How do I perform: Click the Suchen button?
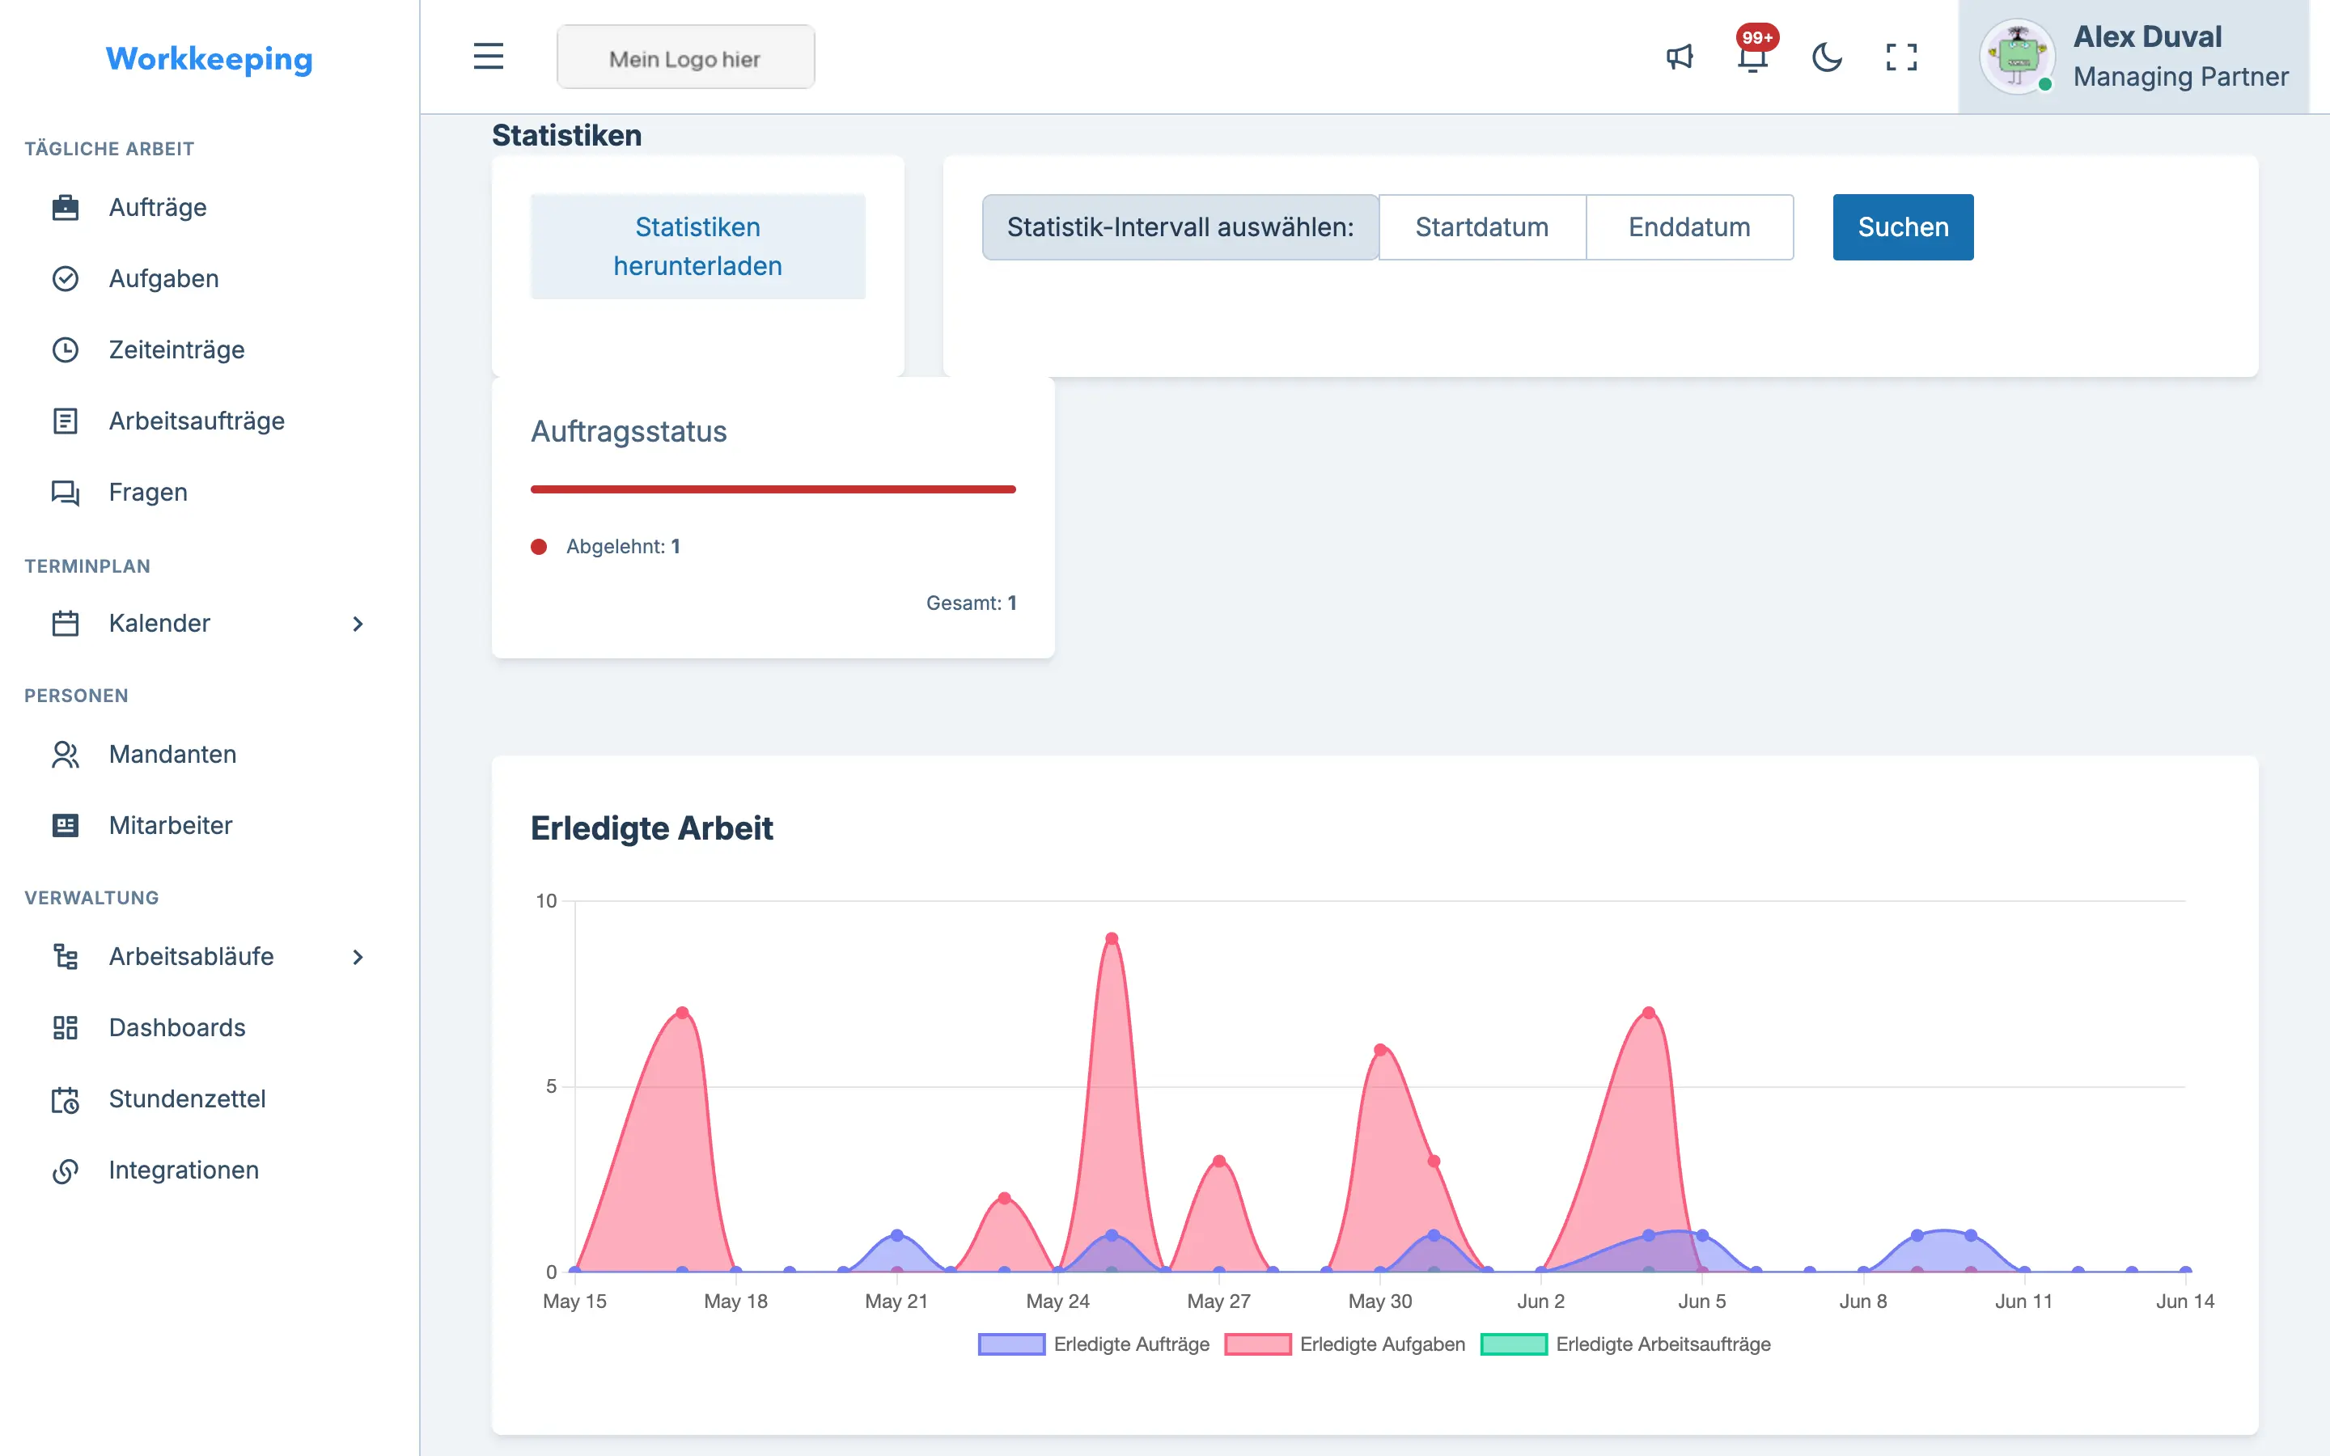[x=1903, y=227]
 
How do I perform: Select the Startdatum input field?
[x=1482, y=227]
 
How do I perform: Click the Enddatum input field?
[x=1690, y=227]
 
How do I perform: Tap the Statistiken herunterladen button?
[x=698, y=247]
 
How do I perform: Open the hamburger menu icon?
[x=488, y=57]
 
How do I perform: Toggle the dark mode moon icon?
[x=1827, y=57]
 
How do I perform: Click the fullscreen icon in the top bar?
[x=1900, y=57]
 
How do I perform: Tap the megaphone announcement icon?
[x=1680, y=57]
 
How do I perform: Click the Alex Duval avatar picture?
[x=2016, y=57]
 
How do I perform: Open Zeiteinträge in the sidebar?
[x=176, y=349]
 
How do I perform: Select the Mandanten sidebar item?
[x=172, y=754]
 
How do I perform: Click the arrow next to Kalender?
[x=358, y=624]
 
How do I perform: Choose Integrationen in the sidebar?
[x=183, y=1170]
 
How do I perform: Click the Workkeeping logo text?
[x=209, y=59]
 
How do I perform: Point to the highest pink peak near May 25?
[x=1111, y=938]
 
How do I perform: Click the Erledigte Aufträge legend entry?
[x=1094, y=1344]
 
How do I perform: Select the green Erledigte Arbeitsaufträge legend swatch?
[x=1514, y=1344]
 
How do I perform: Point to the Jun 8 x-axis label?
[x=1863, y=1301]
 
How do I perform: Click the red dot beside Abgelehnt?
[x=539, y=547]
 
